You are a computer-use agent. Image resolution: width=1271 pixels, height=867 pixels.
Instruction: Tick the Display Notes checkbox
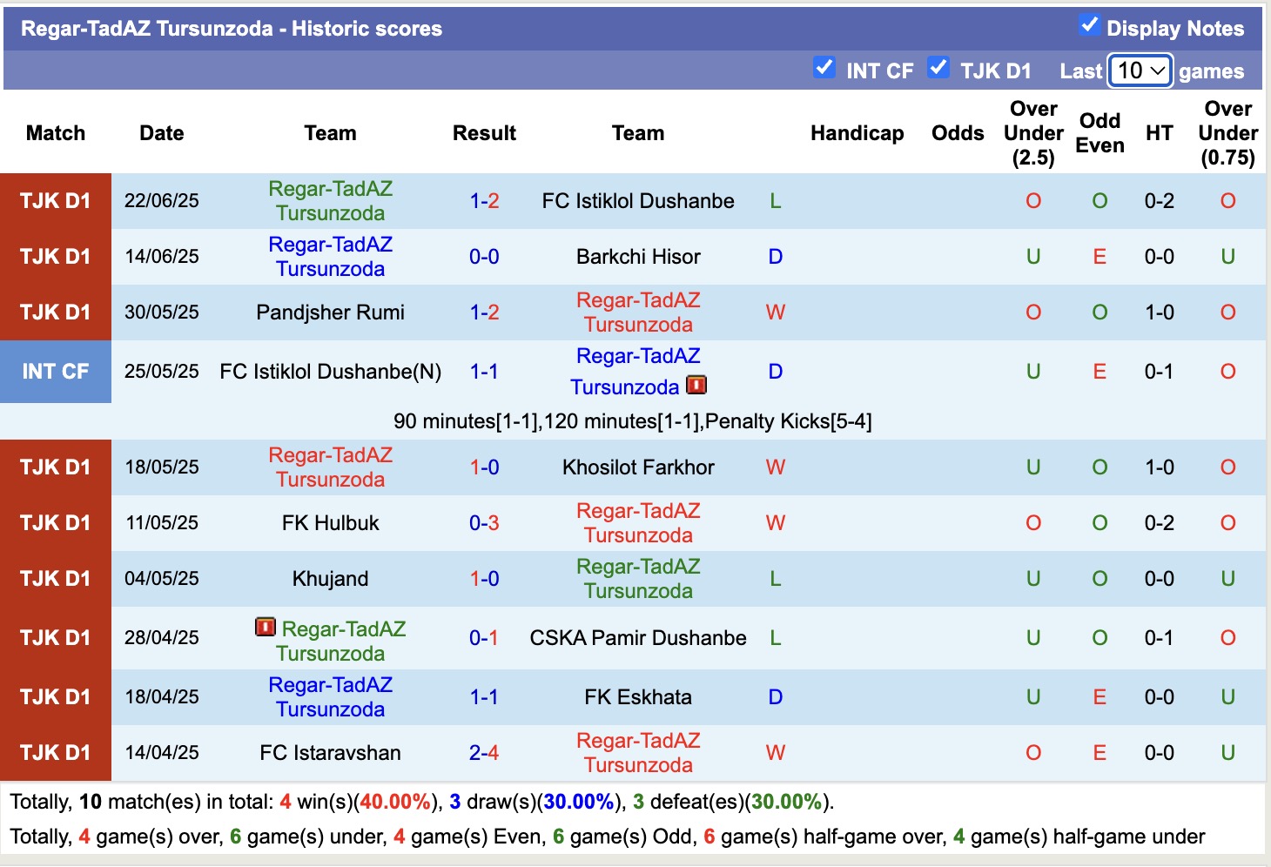click(x=1089, y=25)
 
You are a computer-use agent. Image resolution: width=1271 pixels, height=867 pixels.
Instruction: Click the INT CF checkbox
click(x=824, y=68)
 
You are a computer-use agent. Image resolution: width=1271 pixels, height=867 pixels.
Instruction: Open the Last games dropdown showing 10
click(x=1140, y=71)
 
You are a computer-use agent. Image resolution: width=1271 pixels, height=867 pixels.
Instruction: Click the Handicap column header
click(x=857, y=133)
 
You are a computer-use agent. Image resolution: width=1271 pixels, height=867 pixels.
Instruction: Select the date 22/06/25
click(x=162, y=201)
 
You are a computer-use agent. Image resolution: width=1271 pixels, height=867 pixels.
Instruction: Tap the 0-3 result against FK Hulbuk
click(x=484, y=523)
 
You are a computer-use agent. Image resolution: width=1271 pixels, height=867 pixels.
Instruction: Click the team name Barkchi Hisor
click(x=638, y=257)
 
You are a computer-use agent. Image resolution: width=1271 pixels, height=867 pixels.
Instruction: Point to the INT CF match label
click(x=56, y=372)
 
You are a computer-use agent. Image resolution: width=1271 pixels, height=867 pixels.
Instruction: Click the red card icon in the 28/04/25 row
click(x=266, y=627)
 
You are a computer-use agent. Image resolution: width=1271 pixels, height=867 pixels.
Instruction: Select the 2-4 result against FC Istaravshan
click(x=484, y=753)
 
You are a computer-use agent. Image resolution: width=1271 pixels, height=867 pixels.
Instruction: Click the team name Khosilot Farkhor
click(x=638, y=467)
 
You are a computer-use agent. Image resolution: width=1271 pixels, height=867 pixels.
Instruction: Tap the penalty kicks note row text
click(x=632, y=421)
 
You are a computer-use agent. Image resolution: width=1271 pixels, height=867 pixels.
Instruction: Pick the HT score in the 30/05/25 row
click(x=1159, y=313)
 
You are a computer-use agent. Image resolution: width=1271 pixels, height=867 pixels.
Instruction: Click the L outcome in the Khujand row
click(x=776, y=579)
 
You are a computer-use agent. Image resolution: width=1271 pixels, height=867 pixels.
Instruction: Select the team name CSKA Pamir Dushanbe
click(x=638, y=638)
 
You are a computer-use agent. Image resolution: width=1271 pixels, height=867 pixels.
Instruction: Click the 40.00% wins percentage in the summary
click(x=395, y=802)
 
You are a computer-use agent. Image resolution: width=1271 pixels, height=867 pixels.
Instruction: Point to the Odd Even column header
click(x=1100, y=133)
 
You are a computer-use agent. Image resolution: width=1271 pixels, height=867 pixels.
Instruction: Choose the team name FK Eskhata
click(x=638, y=697)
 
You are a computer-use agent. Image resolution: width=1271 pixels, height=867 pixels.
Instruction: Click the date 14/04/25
click(x=162, y=753)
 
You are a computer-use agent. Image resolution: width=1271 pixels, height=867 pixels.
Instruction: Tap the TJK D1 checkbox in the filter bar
click(x=938, y=68)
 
